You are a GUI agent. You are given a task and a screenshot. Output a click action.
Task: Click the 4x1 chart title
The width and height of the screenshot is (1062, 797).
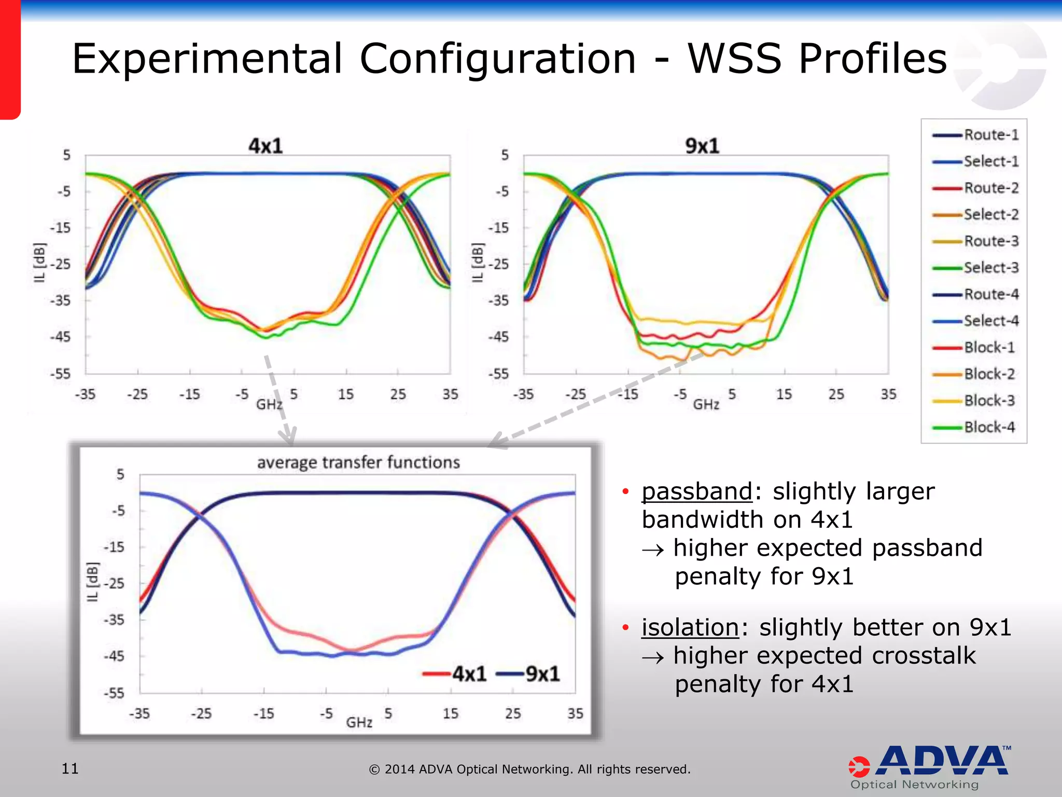[265, 146]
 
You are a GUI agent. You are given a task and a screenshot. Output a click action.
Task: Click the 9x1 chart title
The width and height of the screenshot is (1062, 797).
[702, 146]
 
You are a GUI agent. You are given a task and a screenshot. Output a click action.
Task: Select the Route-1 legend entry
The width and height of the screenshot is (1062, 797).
[991, 135]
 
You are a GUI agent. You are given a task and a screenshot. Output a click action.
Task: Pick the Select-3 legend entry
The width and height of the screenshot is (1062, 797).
[991, 268]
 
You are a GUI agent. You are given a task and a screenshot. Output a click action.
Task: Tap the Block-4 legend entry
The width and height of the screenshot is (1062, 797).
[989, 427]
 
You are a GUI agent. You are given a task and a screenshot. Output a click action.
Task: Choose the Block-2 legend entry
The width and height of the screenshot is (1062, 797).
[989, 374]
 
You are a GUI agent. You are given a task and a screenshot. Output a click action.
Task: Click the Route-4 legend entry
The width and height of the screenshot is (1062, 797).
[991, 294]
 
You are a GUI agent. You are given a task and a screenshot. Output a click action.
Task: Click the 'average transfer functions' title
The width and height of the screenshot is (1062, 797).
[358, 462]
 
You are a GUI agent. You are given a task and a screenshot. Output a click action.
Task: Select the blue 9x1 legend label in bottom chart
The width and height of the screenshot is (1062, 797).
[542, 674]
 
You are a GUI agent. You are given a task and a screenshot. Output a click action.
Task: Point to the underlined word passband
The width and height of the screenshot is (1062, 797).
[696, 491]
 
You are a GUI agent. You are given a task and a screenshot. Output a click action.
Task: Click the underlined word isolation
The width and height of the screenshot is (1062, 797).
[690, 627]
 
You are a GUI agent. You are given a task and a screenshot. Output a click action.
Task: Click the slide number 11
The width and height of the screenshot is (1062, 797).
[70, 768]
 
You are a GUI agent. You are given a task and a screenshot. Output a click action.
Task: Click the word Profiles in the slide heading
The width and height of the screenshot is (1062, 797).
[873, 58]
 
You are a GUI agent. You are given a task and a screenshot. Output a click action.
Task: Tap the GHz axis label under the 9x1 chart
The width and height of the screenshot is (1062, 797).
[706, 404]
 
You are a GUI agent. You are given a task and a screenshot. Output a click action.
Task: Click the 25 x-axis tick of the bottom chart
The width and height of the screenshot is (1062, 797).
[512, 713]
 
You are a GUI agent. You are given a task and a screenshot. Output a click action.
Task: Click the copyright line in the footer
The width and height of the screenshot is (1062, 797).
[529, 769]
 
